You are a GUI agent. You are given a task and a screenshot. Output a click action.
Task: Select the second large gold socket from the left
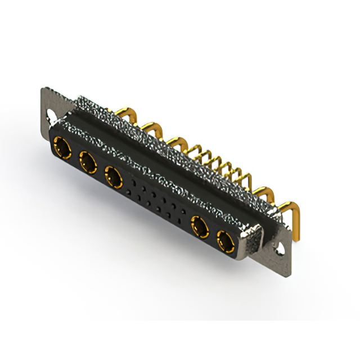coord(88,164)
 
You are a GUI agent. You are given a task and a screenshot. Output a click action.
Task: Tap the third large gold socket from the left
coord(114,178)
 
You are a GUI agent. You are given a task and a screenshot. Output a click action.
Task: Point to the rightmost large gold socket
coord(226,243)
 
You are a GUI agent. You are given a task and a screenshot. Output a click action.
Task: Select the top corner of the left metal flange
coord(44,89)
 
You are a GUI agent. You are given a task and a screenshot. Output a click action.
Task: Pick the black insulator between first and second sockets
coord(75,156)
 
